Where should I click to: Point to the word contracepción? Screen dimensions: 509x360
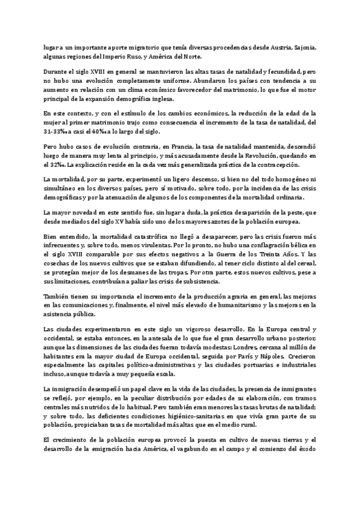[x=271, y=166]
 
